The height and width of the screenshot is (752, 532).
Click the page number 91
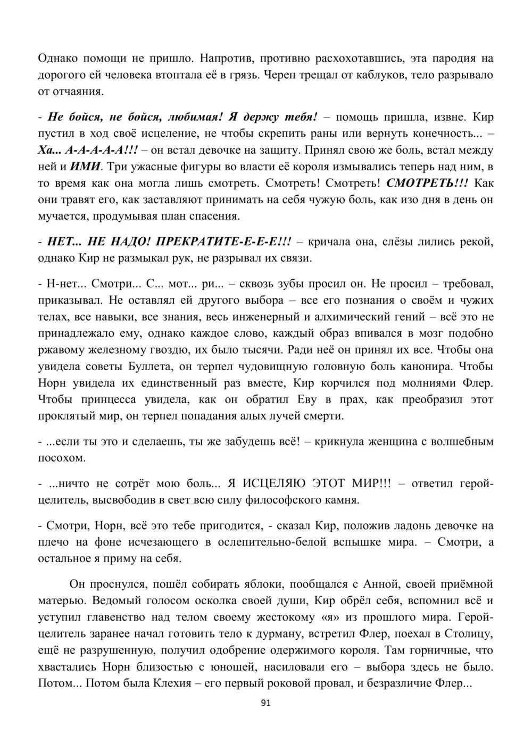click(x=267, y=703)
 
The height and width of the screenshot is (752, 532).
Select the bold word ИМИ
click(x=86, y=166)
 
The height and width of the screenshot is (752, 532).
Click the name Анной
click(x=380, y=584)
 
